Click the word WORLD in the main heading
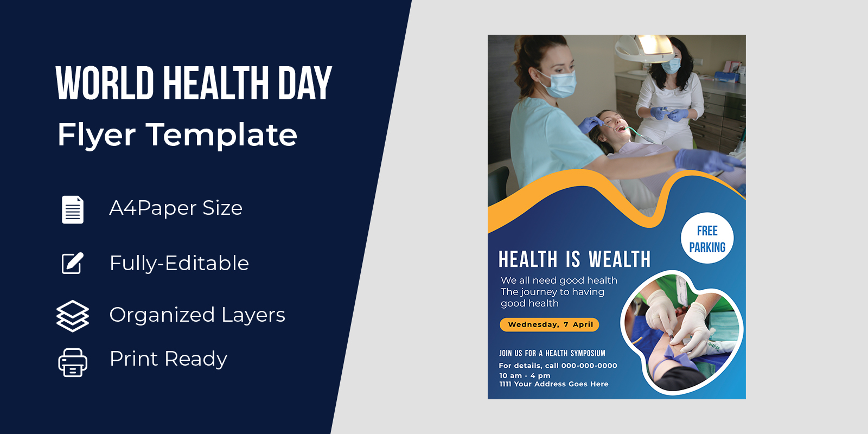click(105, 84)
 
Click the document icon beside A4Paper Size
click(73, 209)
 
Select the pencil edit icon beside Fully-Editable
click(73, 264)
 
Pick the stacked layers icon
click(73, 316)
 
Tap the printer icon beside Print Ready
click(73, 363)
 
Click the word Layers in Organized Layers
click(253, 315)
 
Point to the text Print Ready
click(168, 359)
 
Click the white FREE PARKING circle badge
click(707, 238)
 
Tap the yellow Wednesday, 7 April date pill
click(550, 325)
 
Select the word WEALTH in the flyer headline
click(620, 259)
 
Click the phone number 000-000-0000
click(589, 366)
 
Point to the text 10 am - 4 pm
click(525, 375)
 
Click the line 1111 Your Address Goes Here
click(554, 384)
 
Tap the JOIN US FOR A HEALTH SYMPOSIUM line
click(552, 353)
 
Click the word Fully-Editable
click(180, 264)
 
